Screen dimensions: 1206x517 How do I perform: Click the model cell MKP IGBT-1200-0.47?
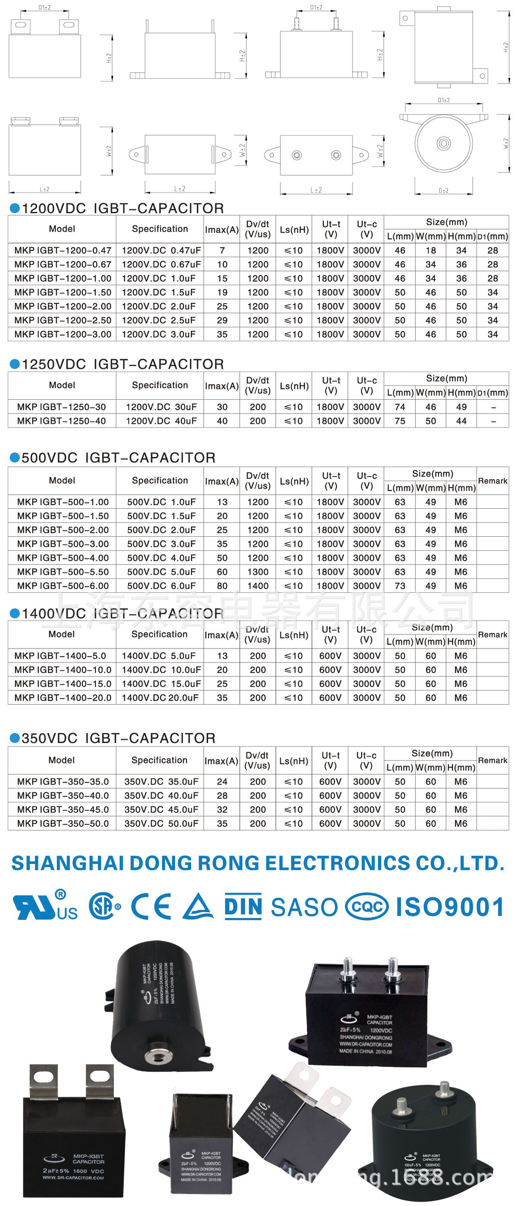pos(62,251)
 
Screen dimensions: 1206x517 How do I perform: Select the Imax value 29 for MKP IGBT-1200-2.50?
pos(222,320)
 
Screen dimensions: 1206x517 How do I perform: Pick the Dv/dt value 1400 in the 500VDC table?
pos(258,586)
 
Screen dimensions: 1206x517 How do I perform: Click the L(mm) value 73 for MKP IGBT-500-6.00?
pos(400,586)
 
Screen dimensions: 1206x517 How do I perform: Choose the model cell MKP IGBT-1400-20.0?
pos(62,698)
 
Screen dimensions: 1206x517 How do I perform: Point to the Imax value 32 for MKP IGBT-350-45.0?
pos(222,809)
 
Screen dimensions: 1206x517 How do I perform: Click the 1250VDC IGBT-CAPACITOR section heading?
pos(123,364)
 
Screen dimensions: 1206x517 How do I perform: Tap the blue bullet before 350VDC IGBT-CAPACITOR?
pos(15,738)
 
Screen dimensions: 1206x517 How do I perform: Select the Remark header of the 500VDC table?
pos(492,481)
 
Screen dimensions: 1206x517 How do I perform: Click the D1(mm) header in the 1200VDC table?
pos(492,236)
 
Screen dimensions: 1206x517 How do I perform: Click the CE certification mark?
pos(151,906)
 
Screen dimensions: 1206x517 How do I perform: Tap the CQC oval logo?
pos(367,906)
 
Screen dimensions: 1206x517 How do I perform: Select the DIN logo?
pos(243,906)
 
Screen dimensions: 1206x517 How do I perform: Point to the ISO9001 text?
pos(449,907)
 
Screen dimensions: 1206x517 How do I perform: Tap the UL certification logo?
pos(45,906)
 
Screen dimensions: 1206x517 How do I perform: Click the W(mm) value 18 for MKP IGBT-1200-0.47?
pos(430,251)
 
